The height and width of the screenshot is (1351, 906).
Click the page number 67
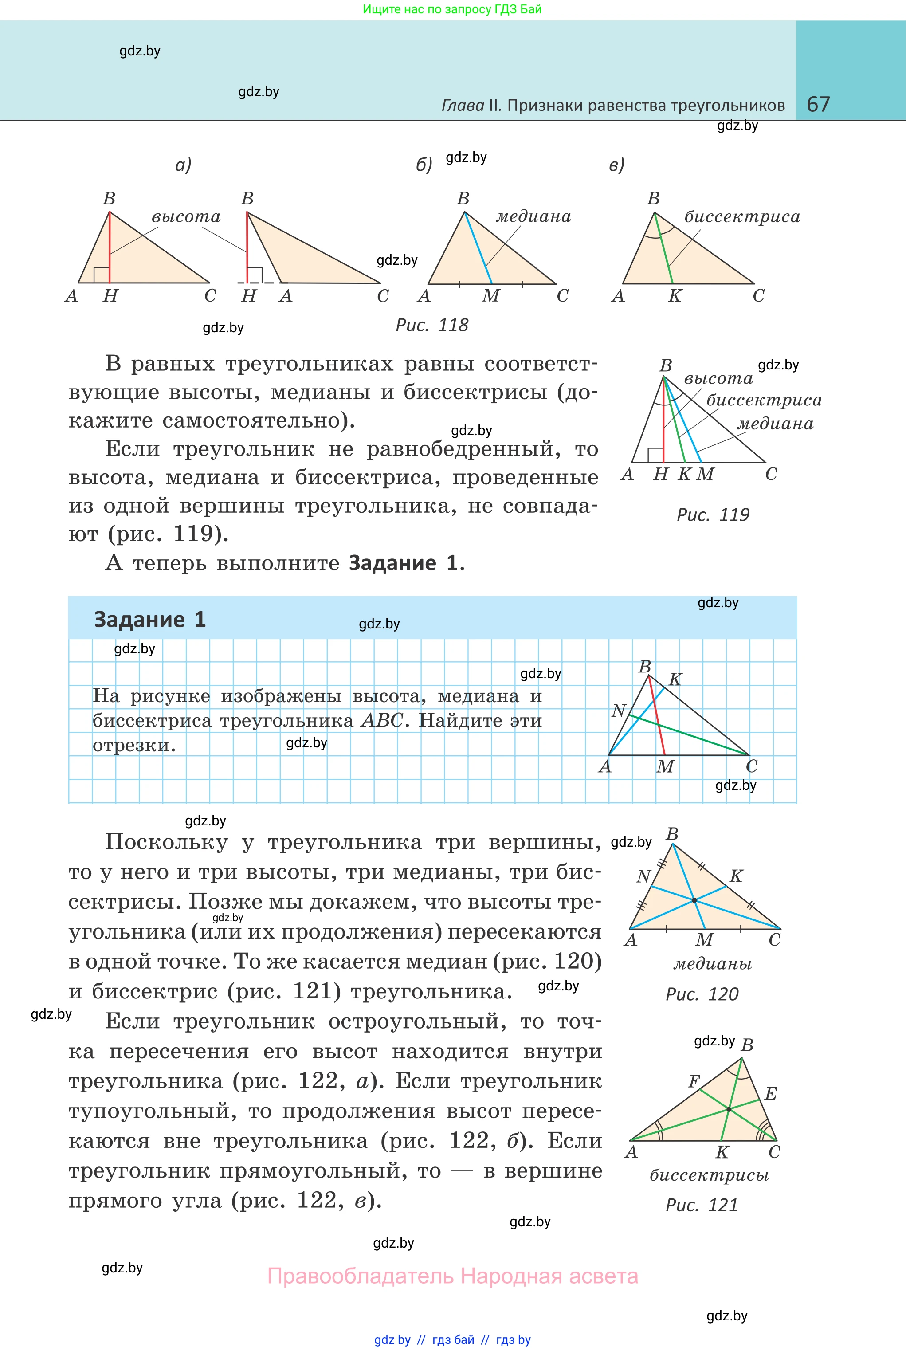818,104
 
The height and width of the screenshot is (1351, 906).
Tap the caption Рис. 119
713,514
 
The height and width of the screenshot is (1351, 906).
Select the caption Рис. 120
702,994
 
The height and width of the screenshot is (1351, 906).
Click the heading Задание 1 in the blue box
149,620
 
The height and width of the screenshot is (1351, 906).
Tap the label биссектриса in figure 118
742,217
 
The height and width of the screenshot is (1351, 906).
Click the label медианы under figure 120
713,963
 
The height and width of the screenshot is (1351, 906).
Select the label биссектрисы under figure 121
709,1175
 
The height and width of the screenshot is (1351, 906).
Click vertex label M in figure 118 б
490,296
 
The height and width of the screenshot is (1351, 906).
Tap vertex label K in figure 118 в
675,296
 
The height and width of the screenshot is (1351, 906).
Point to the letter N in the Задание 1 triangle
618,710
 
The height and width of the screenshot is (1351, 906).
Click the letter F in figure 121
694,1080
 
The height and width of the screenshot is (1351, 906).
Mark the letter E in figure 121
770,1093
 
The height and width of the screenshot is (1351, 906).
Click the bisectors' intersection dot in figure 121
729,1109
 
